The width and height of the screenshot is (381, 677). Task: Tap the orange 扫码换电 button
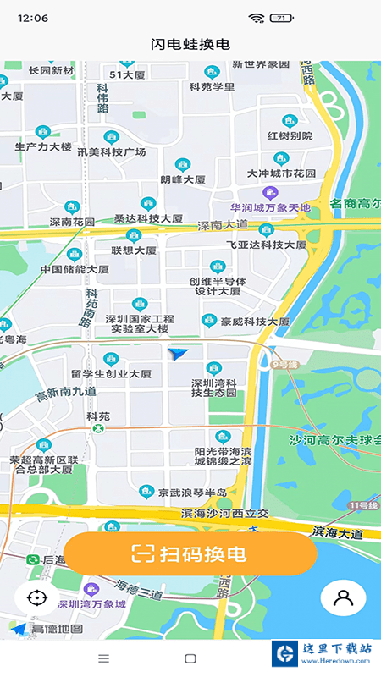(x=190, y=554)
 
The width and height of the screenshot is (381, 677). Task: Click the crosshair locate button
(x=36, y=597)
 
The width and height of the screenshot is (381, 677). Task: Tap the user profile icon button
(x=343, y=597)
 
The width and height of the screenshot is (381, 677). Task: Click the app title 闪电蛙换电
(x=190, y=44)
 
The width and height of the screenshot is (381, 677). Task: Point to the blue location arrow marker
(x=179, y=354)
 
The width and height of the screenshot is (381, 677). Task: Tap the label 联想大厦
(x=134, y=250)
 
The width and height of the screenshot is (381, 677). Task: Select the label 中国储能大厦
(x=75, y=270)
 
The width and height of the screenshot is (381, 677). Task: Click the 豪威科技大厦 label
(x=255, y=322)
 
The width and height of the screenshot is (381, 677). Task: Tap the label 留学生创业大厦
(x=111, y=373)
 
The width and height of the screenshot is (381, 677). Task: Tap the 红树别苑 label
(x=290, y=135)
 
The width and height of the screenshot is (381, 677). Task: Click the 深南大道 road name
(x=223, y=226)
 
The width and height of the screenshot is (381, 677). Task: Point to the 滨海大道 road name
(x=337, y=533)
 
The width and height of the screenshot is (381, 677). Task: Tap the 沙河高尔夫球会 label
(x=335, y=441)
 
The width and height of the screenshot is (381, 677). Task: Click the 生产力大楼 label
(x=43, y=146)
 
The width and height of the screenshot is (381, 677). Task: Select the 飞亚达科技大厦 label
(x=265, y=245)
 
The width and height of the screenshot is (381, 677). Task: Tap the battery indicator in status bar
(x=279, y=18)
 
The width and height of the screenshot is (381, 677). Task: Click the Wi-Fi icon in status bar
(x=255, y=18)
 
